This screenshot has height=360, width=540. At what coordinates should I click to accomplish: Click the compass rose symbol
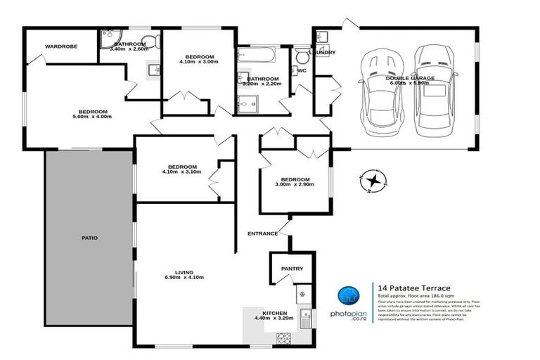click(372, 181)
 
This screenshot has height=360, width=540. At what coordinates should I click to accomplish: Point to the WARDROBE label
click(60, 46)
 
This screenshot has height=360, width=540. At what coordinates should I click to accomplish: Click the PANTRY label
click(291, 268)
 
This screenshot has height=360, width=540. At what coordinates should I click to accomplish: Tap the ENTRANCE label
click(262, 233)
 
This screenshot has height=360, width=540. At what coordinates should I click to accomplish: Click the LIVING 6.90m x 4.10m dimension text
click(184, 278)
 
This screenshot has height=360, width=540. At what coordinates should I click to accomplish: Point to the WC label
click(302, 71)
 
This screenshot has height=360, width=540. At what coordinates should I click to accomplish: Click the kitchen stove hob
click(283, 337)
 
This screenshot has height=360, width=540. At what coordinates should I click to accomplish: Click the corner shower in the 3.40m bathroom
click(109, 37)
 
